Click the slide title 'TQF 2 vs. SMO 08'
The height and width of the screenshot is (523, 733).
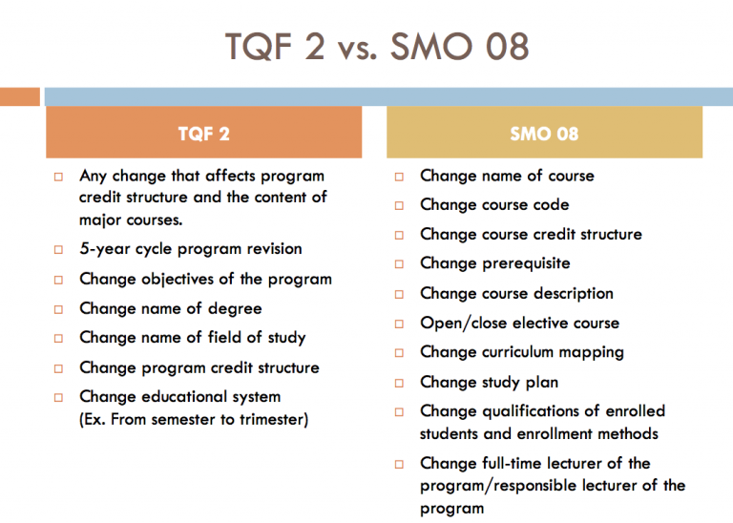pyautogui.click(x=376, y=45)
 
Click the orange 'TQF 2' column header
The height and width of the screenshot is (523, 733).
pyautogui.click(x=203, y=134)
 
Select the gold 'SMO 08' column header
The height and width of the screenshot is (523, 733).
pyautogui.click(x=544, y=134)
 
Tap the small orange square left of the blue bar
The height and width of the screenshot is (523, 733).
pyautogui.click(x=19, y=96)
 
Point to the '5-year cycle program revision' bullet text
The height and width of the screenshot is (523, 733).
pyautogui.click(x=190, y=249)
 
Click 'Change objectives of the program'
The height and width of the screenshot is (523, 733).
pyautogui.click(x=205, y=280)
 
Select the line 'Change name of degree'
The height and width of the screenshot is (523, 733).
pyautogui.click(x=170, y=309)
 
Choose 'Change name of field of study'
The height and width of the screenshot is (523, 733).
pyautogui.click(x=192, y=338)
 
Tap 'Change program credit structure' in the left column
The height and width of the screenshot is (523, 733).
pyautogui.click(x=199, y=367)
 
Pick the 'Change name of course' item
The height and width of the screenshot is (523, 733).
pyautogui.click(x=507, y=176)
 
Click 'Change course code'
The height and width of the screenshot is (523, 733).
pyautogui.click(x=494, y=205)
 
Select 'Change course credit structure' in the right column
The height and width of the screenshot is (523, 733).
pyautogui.click(x=531, y=235)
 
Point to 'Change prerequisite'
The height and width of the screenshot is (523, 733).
pyautogui.click(x=494, y=263)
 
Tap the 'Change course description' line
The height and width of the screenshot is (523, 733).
pyautogui.click(x=516, y=294)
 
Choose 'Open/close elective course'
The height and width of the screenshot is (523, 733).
pyautogui.click(x=519, y=324)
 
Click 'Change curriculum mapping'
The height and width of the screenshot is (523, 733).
pyautogui.click(x=521, y=352)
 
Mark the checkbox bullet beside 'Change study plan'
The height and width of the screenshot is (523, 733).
pyautogui.click(x=400, y=383)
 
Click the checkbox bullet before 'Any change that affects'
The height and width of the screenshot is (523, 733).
pyautogui.click(x=59, y=177)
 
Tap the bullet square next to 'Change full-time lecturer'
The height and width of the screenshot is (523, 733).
pyautogui.click(x=400, y=464)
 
